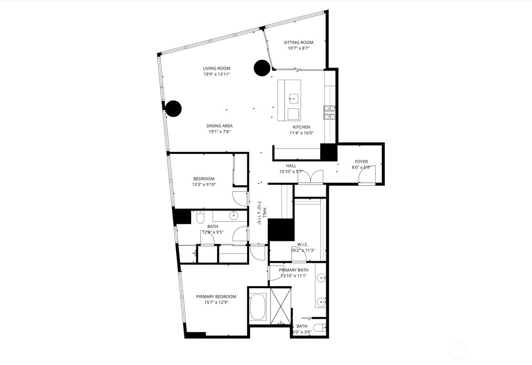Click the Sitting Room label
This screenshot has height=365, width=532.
tap(298, 42)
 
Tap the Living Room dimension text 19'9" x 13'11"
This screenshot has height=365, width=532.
tap(217, 74)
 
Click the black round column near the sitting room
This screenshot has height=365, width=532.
tap(262, 68)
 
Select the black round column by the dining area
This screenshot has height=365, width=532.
tap(174, 109)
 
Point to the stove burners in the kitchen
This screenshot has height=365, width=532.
tap(330, 113)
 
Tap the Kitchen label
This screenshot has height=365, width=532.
tap(301, 127)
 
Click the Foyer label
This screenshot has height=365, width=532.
tap(361, 162)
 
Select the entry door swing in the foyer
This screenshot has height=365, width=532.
tap(367, 176)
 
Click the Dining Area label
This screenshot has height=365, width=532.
tap(219, 126)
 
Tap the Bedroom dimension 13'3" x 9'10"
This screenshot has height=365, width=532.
tap(204, 184)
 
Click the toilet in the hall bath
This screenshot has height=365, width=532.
tap(200, 217)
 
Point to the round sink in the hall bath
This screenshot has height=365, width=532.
tap(234, 215)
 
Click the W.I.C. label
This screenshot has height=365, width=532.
tap(303, 244)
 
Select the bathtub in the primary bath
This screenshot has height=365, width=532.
tap(258, 308)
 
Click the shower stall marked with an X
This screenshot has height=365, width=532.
tap(280, 306)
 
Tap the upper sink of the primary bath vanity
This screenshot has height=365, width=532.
tap(321, 278)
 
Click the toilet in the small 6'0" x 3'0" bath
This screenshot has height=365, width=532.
tap(319, 328)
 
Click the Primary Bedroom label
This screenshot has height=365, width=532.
tap(216, 296)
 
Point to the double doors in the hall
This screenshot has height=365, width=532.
tap(311, 177)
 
